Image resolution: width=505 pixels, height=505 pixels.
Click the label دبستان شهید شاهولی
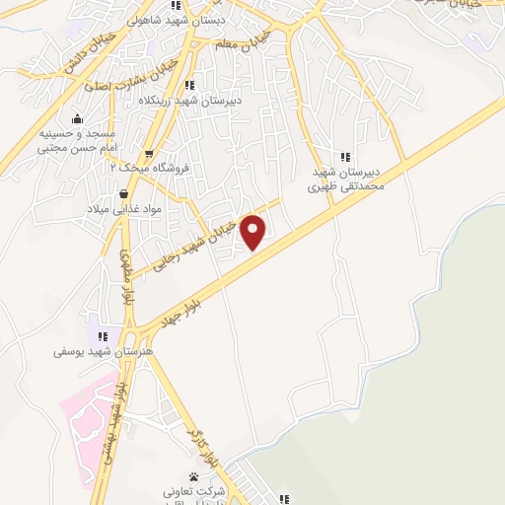click(225, 19)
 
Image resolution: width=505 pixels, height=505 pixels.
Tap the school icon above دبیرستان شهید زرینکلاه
click(189, 86)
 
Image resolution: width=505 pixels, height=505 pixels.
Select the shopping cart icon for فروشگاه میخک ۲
click(149, 154)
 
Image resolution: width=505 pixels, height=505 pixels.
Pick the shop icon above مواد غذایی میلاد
click(123, 194)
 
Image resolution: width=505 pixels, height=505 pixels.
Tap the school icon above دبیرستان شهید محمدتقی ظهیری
click(344, 156)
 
